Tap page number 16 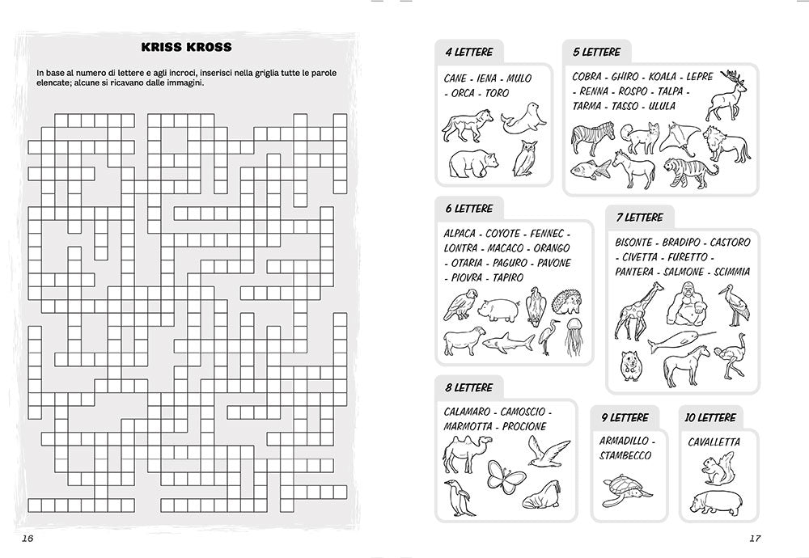click(28, 539)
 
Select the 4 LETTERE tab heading click(468, 52)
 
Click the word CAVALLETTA click(714, 442)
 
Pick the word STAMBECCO click(626, 456)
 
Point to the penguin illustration click(457, 497)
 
